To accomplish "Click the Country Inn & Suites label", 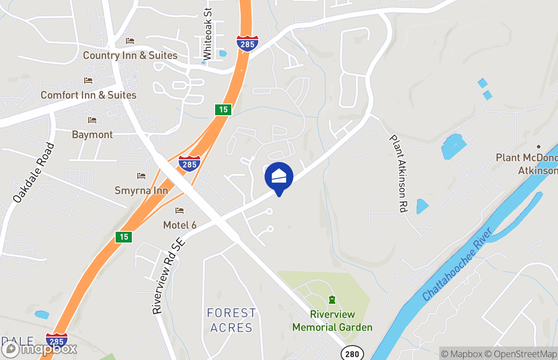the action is (x=130, y=55).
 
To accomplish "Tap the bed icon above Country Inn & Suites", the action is (x=130, y=41).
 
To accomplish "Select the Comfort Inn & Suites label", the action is (x=88, y=95).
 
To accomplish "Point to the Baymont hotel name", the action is (x=92, y=135).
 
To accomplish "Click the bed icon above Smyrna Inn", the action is (x=141, y=176).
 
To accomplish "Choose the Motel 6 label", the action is (x=180, y=225).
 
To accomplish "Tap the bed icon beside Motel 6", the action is (x=180, y=211).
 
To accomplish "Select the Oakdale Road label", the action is (x=34, y=173).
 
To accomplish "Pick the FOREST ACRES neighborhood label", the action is (x=231, y=320).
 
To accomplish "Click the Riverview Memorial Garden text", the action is (x=332, y=321).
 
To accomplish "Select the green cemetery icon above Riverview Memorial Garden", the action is (x=332, y=300).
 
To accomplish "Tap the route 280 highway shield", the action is (x=352, y=354).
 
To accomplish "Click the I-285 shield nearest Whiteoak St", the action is (x=247, y=43).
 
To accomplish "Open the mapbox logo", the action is (x=40, y=349).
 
